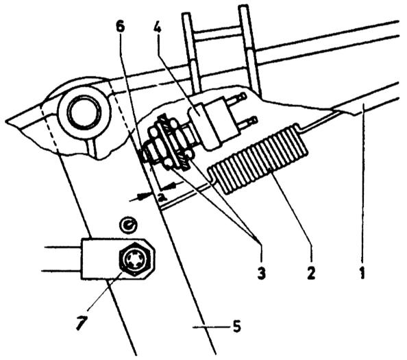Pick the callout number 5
tap(236, 326)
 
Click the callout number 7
tap(81, 322)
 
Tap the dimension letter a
tap(162, 198)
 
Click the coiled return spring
tap(258, 158)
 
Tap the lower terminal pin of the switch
tap(247, 121)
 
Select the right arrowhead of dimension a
tap(171, 185)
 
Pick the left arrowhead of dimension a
tap(142, 197)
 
